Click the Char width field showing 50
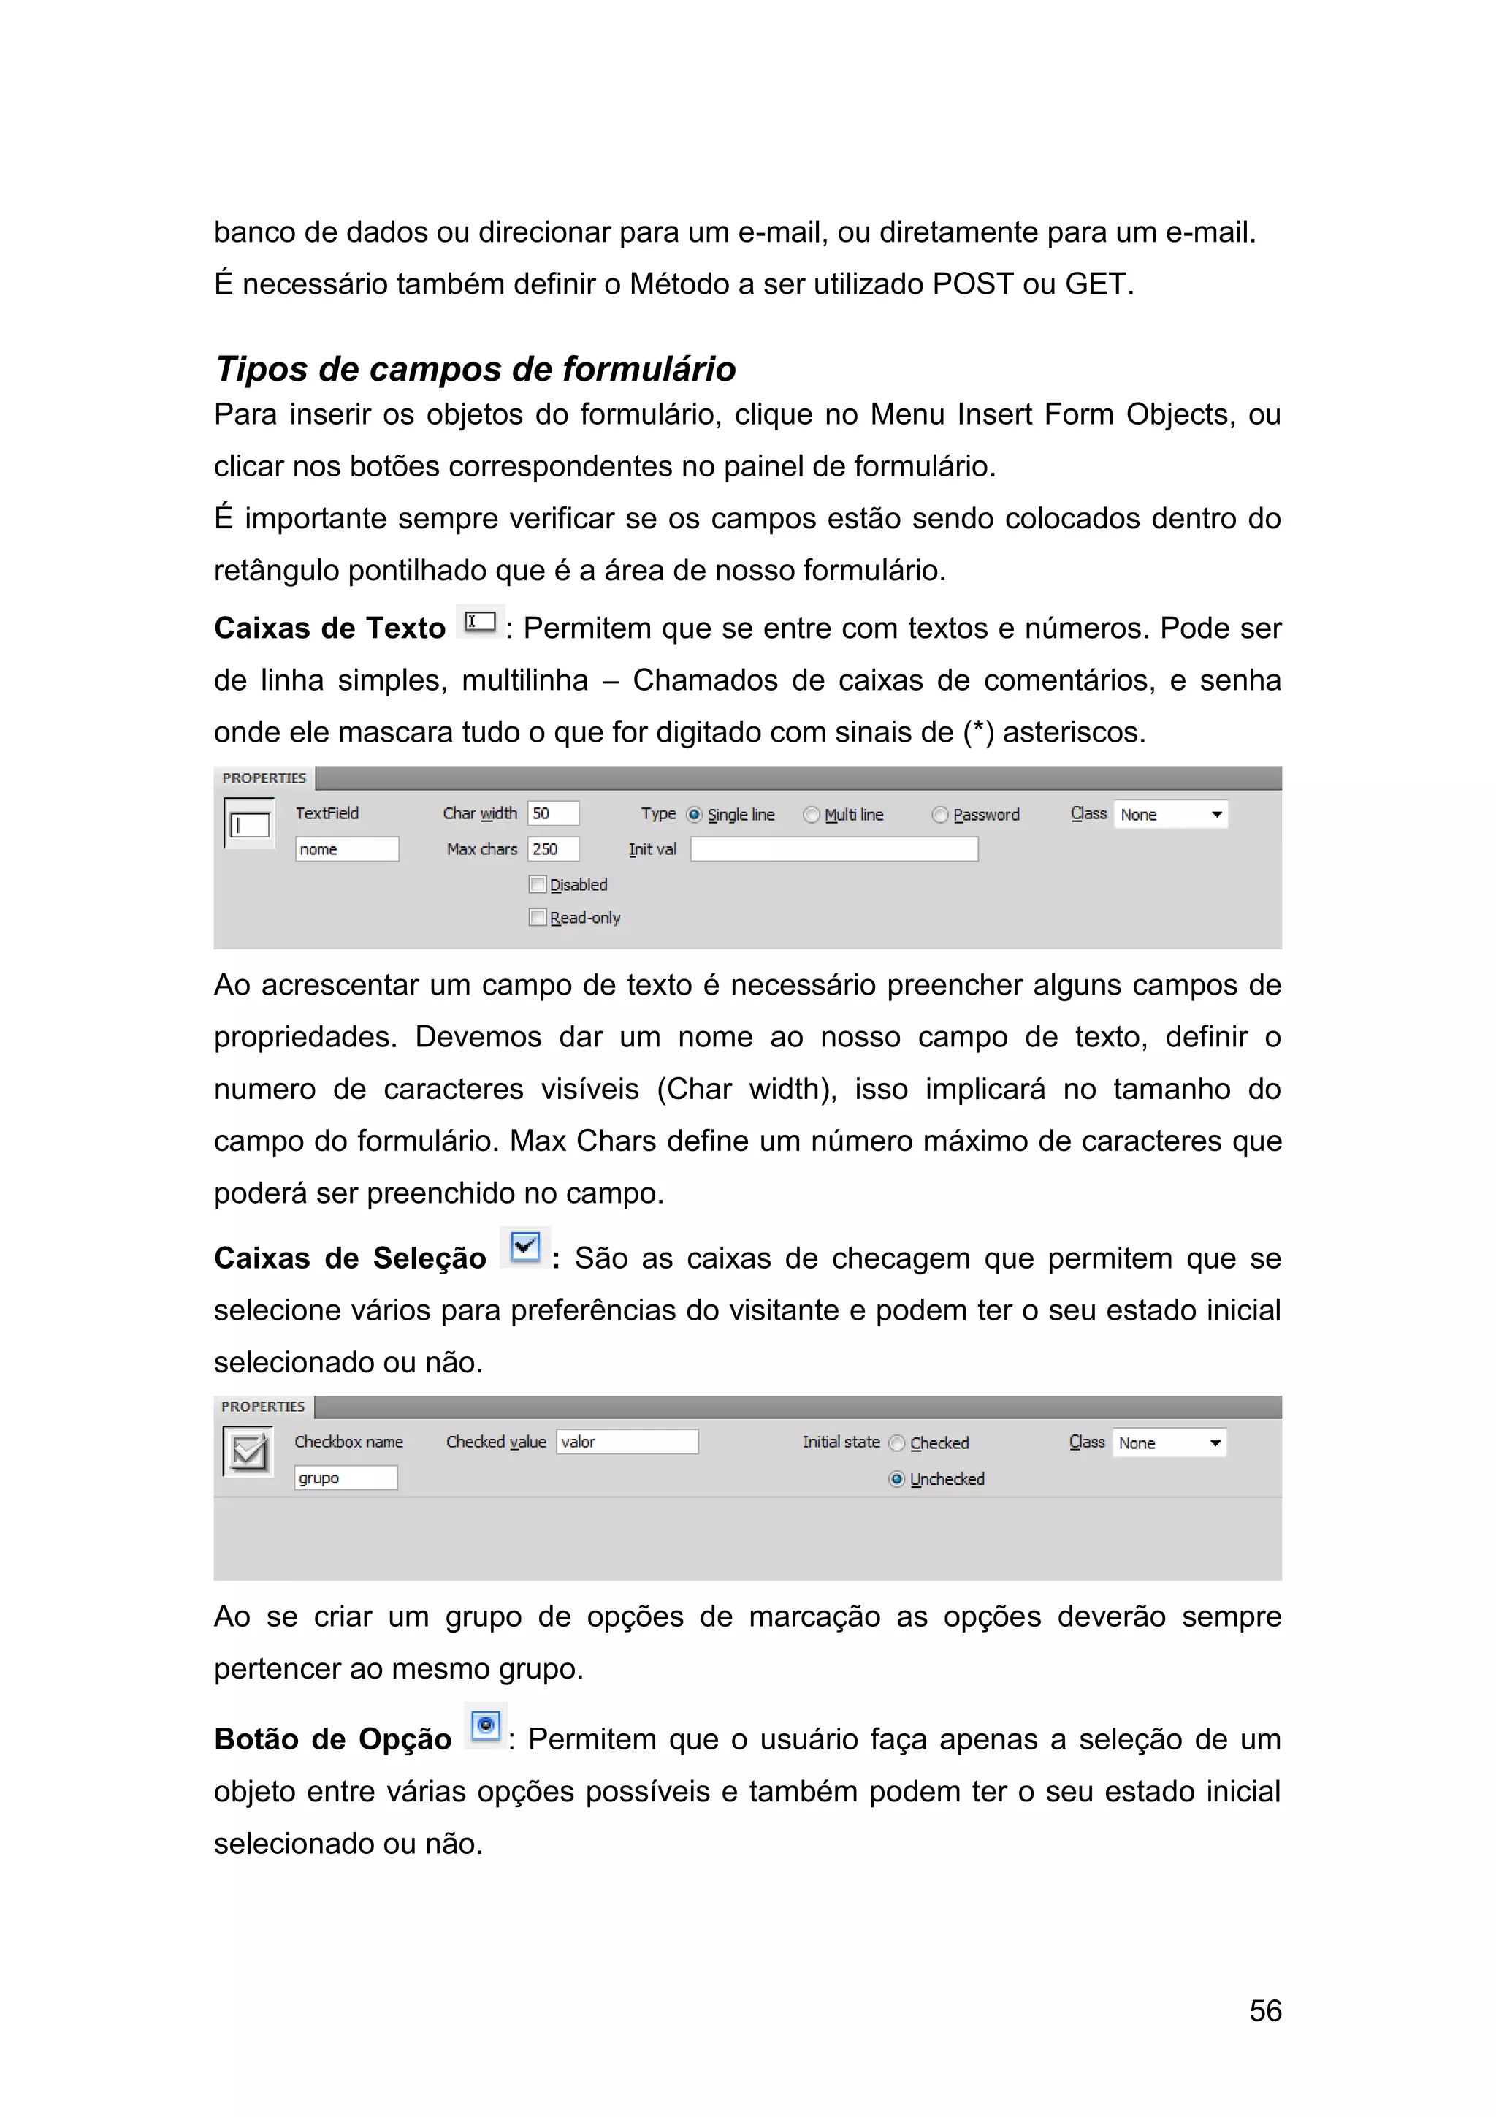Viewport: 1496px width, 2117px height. [553, 813]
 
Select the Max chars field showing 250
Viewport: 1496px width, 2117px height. [553, 849]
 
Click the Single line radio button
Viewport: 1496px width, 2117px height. [695, 815]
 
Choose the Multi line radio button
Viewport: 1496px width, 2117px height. [811, 815]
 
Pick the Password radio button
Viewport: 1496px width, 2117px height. [939, 815]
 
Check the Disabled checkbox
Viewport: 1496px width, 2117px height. [538, 884]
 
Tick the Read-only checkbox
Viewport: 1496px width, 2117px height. [538, 917]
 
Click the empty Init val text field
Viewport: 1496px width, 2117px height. [833, 849]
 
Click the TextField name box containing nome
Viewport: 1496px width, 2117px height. [346, 849]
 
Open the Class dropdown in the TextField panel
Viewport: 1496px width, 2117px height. [1171, 815]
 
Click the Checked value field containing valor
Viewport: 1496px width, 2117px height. [627, 1442]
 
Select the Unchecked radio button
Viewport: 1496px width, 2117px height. [896, 1480]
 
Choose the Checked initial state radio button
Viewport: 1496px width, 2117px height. [896, 1444]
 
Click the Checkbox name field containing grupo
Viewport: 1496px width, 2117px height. [346, 1478]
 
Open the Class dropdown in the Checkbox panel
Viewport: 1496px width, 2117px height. [1169, 1443]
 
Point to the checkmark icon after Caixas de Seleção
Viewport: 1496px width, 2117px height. [524, 1247]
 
